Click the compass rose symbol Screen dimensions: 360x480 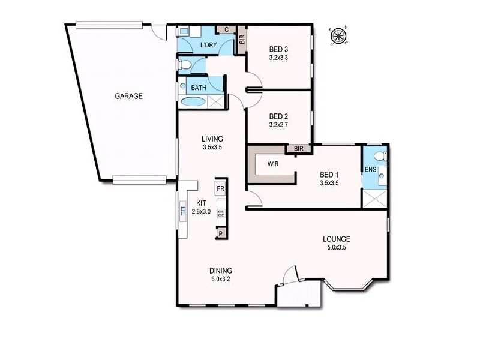click(x=338, y=37)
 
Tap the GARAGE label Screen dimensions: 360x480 click(x=129, y=95)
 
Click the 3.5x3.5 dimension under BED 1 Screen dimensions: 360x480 click(x=330, y=184)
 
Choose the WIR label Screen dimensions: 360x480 click(x=272, y=163)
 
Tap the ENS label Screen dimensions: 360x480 click(x=370, y=170)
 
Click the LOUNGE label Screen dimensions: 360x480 click(x=335, y=238)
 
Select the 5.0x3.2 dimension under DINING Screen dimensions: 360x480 click(x=221, y=279)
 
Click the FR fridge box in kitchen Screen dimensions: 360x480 click(x=221, y=189)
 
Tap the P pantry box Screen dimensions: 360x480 click(x=221, y=233)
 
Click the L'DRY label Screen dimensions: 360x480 click(x=208, y=46)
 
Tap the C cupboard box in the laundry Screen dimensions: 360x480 click(x=226, y=29)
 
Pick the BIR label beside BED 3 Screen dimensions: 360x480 click(x=242, y=40)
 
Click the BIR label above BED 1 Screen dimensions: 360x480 click(x=298, y=149)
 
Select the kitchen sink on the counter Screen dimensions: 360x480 click(x=184, y=210)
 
